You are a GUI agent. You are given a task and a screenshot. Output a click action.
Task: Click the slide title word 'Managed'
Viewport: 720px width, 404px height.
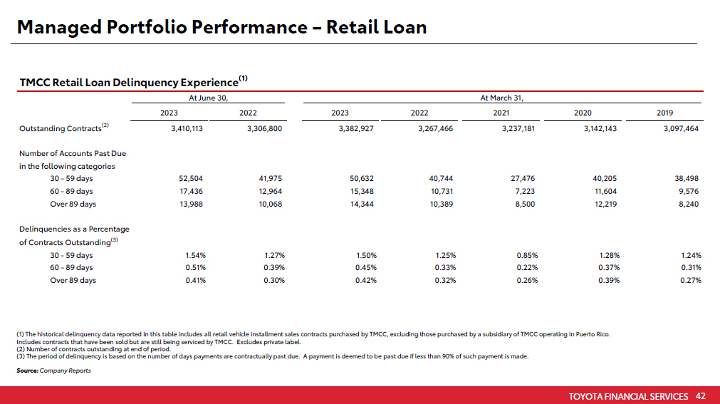click(x=57, y=28)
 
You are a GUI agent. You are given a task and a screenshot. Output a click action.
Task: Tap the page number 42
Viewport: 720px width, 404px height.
click(x=701, y=396)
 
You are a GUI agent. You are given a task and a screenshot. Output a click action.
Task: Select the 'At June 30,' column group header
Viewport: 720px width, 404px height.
click(x=208, y=98)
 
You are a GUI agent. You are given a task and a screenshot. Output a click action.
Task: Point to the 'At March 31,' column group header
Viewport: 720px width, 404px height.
click(x=506, y=98)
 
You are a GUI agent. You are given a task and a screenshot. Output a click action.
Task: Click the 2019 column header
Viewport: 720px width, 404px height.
click(x=666, y=113)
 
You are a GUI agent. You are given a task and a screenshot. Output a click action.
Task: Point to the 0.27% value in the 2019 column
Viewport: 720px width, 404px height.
click(x=691, y=280)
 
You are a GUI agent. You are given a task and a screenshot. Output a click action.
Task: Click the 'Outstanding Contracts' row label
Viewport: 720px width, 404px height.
click(x=60, y=129)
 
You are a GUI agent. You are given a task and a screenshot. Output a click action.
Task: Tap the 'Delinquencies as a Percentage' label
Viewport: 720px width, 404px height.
click(x=74, y=229)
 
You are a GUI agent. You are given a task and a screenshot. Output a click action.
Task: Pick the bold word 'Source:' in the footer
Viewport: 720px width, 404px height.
click(x=27, y=371)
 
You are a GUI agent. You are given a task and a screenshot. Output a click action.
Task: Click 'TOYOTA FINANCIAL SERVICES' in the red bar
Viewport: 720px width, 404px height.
click(x=629, y=396)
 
